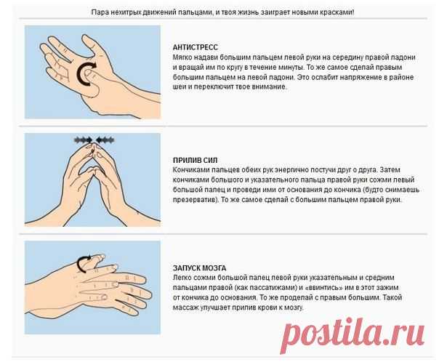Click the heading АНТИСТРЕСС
tap(195, 47)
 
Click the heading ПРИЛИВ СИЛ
tap(195, 160)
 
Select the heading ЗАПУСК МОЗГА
tap(200, 268)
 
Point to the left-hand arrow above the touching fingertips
tap(84, 140)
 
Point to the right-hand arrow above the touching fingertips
tap(105, 140)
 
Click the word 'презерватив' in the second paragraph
tap(194, 200)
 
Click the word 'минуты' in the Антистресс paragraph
tap(291, 68)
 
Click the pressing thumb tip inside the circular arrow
tap(89, 73)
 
